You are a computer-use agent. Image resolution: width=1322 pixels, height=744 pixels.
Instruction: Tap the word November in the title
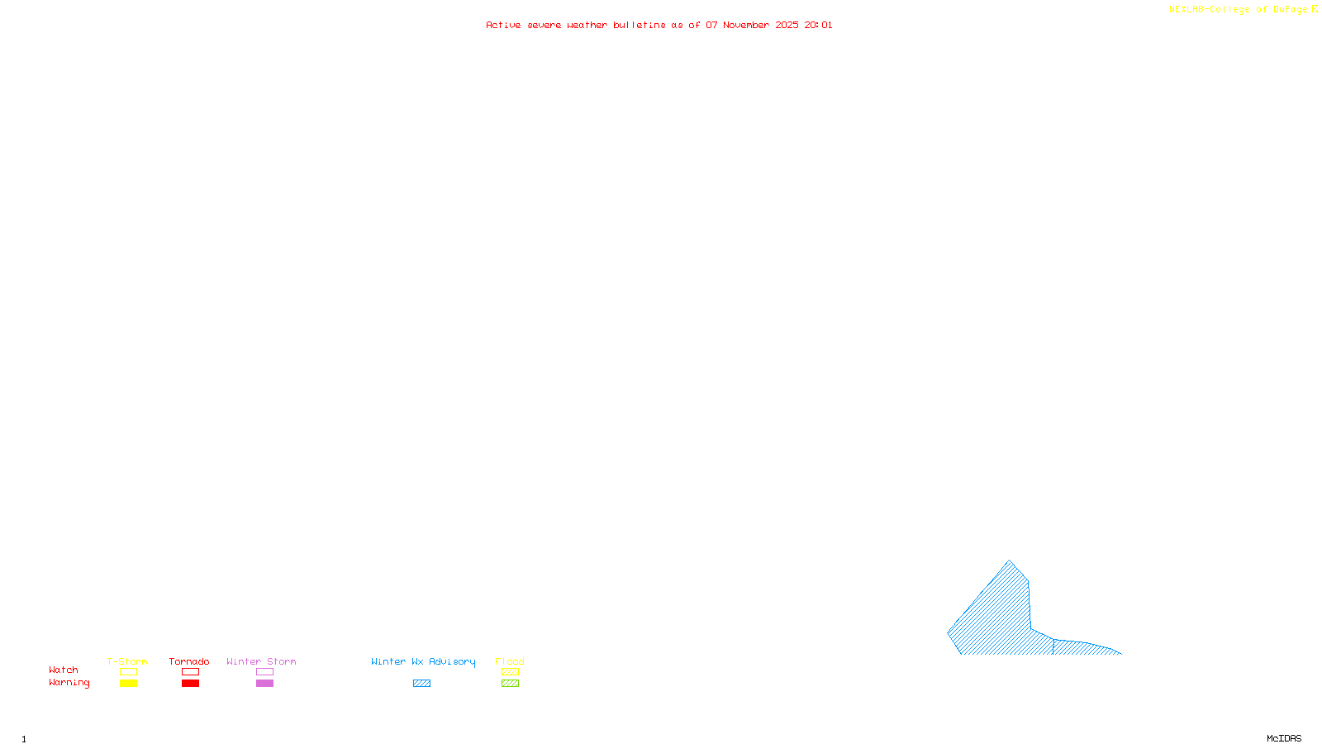point(746,25)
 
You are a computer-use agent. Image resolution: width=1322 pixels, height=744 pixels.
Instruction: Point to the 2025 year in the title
point(787,25)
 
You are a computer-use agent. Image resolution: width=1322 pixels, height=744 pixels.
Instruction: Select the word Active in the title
point(503,25)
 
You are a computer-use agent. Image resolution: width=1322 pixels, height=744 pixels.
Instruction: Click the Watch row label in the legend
point(64,670)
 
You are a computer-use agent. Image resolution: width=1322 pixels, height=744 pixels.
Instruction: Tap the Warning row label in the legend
point(69,683)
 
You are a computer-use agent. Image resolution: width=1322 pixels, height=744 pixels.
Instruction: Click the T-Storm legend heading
point(127,661)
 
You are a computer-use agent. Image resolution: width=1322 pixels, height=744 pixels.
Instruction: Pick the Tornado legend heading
point(189,661)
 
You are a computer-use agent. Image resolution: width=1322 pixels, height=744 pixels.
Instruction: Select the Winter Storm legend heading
point(261,661)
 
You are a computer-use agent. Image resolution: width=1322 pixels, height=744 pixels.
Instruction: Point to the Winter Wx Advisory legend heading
point(423,661)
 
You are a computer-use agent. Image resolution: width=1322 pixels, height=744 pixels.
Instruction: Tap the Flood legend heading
point(510,661)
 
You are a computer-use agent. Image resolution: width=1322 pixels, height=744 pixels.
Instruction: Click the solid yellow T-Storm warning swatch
point(128,684)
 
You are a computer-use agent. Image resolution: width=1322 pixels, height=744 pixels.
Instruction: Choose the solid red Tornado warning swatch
point(190,684)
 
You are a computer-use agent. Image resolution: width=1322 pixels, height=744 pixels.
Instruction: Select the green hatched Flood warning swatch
point(510,684)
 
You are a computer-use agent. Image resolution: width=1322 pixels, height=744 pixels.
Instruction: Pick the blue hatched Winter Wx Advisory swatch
point(421,684)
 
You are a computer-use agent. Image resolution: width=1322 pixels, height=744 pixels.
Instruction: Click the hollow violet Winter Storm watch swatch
point(264,672)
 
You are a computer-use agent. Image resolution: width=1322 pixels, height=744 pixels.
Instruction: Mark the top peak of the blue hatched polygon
point(1009,560)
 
